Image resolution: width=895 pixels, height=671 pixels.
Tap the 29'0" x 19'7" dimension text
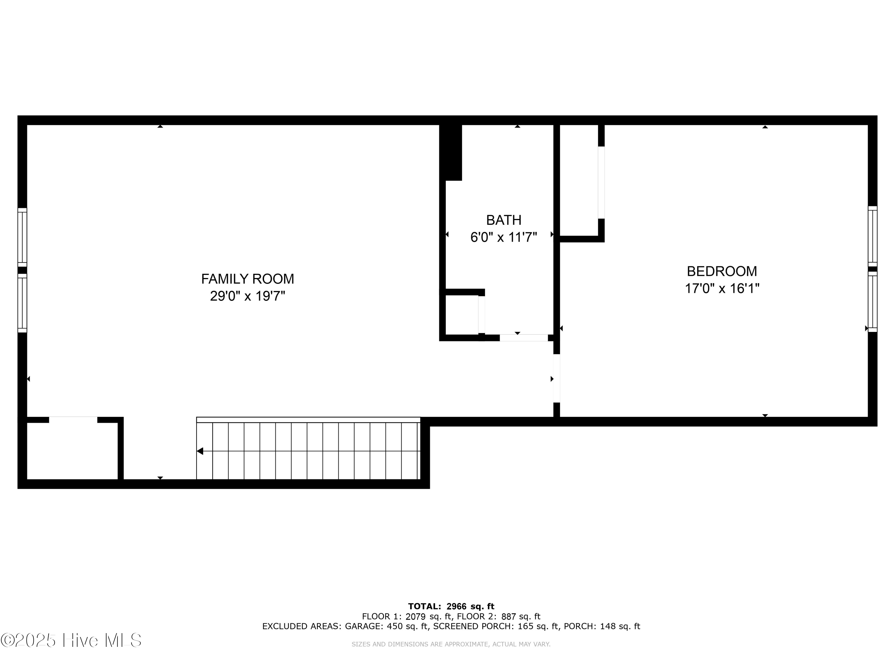(x=248, y=296)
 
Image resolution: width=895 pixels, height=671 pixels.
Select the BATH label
(x=504, y=220)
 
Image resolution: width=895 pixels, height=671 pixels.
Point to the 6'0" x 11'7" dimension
(x=504, y=237)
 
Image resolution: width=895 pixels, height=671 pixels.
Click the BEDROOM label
(x=722, y=271)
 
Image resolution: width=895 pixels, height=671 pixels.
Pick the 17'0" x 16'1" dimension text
(x=722, y=288)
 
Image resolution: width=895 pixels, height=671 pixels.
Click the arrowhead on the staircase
(x=200, y=451)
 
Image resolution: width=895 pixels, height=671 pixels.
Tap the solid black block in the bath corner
(x=451, y=152)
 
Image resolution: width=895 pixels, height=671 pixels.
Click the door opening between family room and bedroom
(x=557, y=378)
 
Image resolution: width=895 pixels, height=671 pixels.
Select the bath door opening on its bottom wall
(x=524, y=338)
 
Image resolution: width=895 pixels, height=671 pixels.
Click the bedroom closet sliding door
(x=601, y=183)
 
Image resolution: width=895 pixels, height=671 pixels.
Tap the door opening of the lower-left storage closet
(x=73, y=420)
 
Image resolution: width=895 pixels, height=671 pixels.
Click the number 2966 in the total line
(x=456, y=606)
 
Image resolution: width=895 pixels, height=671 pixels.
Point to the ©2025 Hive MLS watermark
(x=71, y=640)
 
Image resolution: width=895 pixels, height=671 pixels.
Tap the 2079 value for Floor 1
(x=416, y=616)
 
